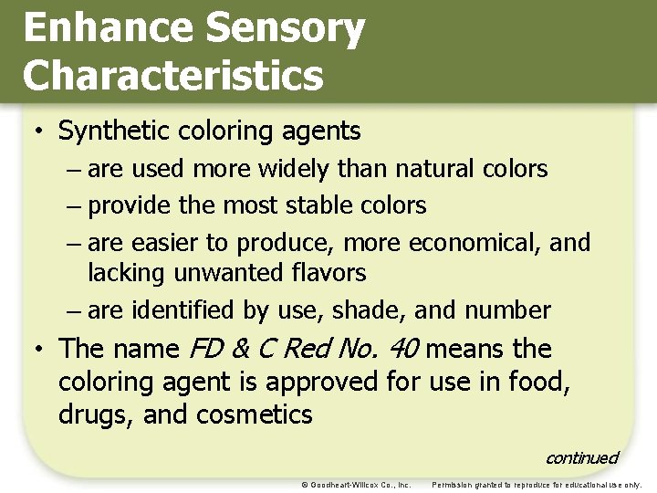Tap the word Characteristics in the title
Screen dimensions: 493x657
pos(173,75)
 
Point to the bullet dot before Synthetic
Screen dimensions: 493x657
pos(40,131)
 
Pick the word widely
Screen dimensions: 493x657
pos(289,169)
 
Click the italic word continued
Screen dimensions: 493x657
pos(581,457)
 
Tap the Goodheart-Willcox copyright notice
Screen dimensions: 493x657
pos(356,484)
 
